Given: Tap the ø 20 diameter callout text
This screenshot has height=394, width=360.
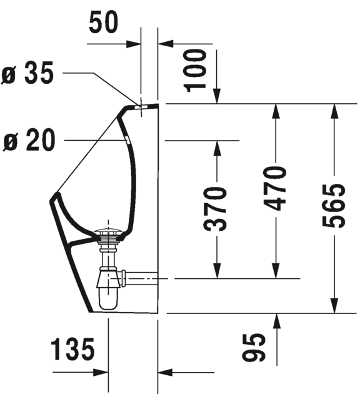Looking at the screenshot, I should (29, 141).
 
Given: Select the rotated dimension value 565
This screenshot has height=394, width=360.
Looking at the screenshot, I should (335, 207).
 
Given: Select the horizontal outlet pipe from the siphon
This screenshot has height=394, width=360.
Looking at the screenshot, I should (142, 275).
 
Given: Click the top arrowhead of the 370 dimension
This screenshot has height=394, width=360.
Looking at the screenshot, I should (217, 147).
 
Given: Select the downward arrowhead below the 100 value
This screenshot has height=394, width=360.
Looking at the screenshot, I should (217, 96).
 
